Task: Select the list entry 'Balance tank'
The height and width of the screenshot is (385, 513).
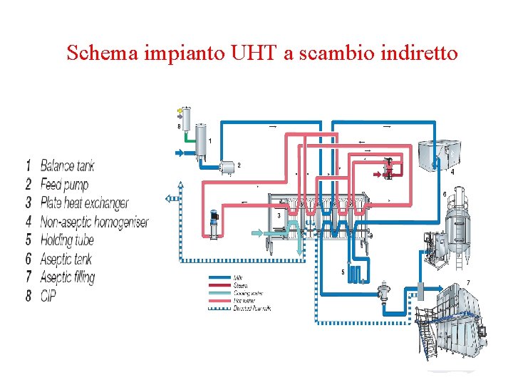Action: coord(67,166)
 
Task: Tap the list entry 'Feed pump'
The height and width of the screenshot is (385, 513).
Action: coord(64,185)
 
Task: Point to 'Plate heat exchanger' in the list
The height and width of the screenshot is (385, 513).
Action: coord(84,203)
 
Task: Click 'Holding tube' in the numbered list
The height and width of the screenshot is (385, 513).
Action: coord(66,240)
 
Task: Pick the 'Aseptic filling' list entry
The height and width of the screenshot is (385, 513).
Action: coord(67,277)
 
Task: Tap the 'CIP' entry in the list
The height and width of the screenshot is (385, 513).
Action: coord(48,295)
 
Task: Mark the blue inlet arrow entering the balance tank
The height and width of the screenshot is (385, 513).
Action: coord(180,153)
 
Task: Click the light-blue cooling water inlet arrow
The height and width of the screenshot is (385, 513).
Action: coord(258,232)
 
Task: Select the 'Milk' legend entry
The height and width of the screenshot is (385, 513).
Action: coord(239,277)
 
